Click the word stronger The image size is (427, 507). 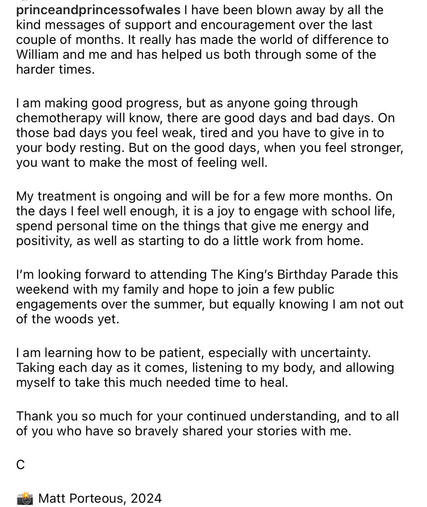pyautogui.click(x=372, y=148)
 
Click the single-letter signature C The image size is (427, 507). pyautogui.click(x=20, y=465)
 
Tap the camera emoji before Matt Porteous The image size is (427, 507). pyautogui.click(x=25, y=499)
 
